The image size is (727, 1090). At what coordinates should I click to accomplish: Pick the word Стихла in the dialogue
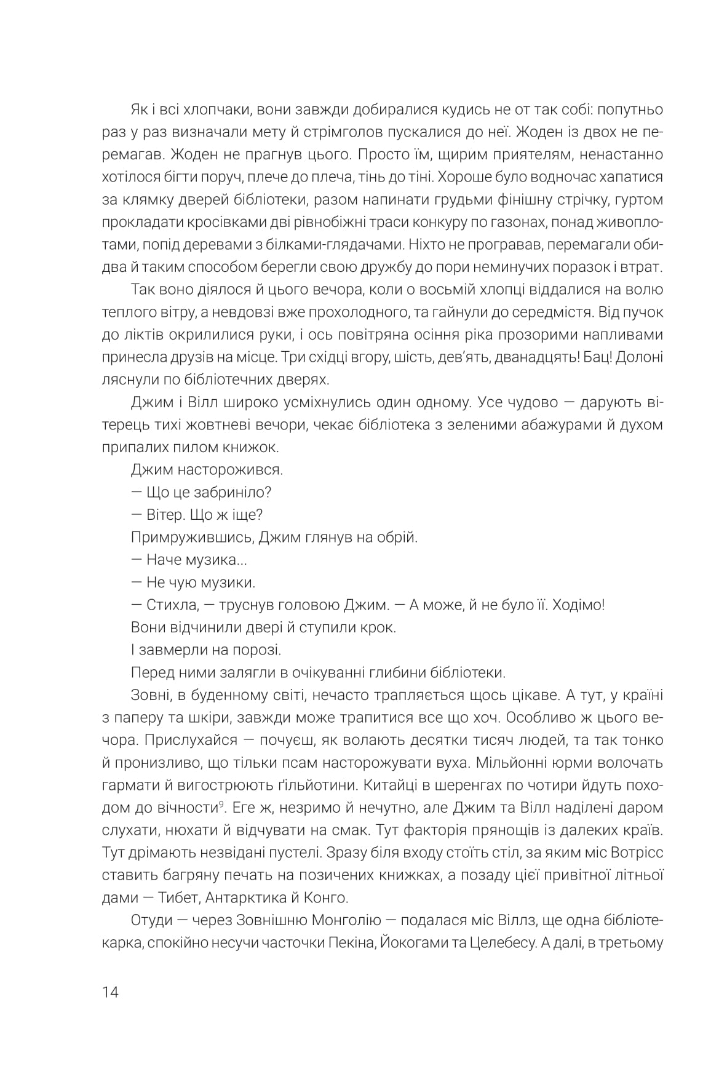coord(172,605)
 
